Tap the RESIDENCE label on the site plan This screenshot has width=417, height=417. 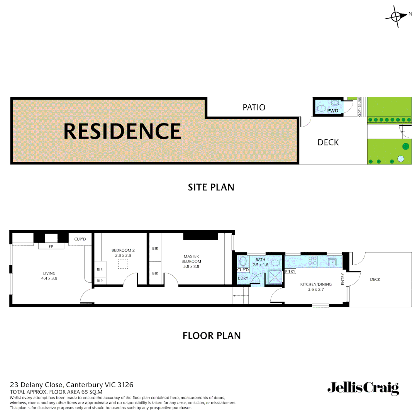pos(122,131)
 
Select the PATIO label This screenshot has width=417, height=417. pos(254,107)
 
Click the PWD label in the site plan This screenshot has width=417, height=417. pos(332,111)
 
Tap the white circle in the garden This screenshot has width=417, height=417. pos(401,159)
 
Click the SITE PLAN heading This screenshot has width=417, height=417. pos(211,187)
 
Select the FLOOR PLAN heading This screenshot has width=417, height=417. pos(211,336)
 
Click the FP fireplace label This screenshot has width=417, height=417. pos(51,246)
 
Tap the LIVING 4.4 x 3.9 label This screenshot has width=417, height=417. pos(49,276)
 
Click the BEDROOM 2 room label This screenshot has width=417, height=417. pos(122,253)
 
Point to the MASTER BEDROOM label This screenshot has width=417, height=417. pos(192,259)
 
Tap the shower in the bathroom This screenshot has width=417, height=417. pos(275,277)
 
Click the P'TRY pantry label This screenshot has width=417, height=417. pos(290,271)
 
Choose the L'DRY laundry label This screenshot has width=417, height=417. pos(242,278)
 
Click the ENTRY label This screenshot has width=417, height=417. pos(342,279)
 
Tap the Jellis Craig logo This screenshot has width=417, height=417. pos(363,388)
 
